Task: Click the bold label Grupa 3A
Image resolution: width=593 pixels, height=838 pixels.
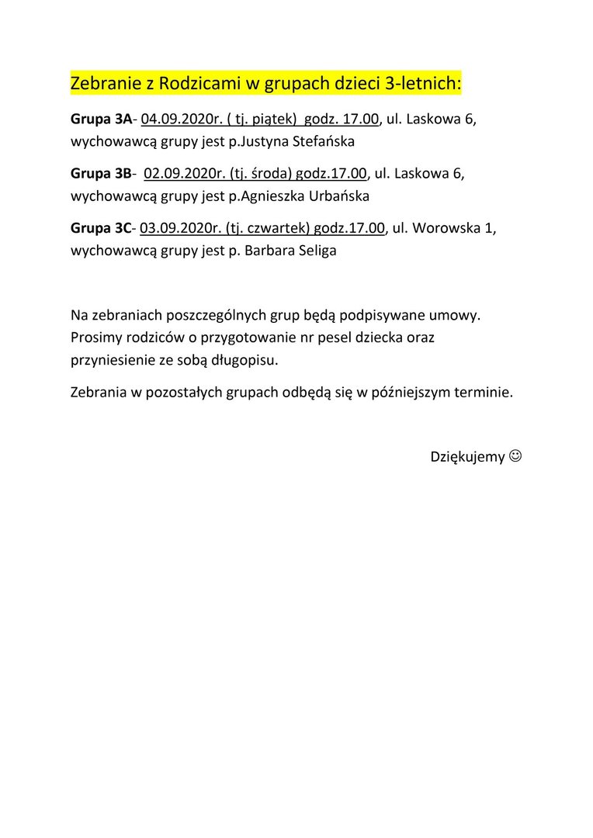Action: (101, 119)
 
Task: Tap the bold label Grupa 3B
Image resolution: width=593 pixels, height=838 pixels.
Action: (101, 174)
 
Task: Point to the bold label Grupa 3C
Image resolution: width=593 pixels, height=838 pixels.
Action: (101, 228)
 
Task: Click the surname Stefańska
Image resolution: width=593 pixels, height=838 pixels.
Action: (312, 142)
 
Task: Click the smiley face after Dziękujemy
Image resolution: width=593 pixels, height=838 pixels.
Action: (515, 457)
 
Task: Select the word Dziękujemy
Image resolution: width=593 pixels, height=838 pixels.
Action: (467, 457)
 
